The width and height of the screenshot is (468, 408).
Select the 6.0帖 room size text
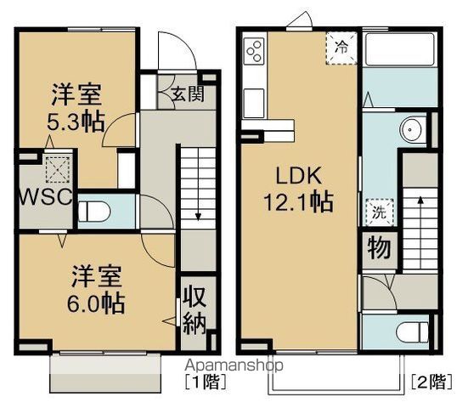pos(94,302)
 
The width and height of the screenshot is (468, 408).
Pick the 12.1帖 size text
pos(296,202)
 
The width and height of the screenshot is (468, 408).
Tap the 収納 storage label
pos(192,312)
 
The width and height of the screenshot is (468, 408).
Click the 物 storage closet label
pos(378,248)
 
